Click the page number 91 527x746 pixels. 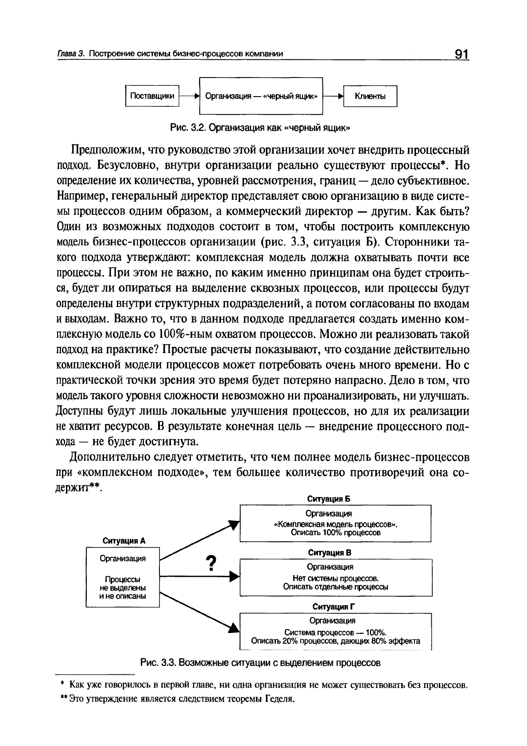click(x=461, y=54)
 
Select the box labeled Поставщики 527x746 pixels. click(x=152, y=96)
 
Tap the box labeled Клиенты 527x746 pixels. click(x=370, y=97)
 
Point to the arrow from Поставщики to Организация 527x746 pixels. click(x=189, y=96)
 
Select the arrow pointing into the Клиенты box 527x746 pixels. click(x=334, y=96)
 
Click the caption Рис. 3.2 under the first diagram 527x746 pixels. click(x=261, y=128)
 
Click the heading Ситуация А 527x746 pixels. click(x=124, y=540)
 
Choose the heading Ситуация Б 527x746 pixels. click(x=329, y=499)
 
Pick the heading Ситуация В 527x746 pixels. click(x=329, y=552)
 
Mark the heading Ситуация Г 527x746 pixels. click(x=334, y=606)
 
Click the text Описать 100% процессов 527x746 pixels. click(x=336, y=532)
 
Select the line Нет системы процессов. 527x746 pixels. click(x=336, y=578)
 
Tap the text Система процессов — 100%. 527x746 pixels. click(x=336, y=632)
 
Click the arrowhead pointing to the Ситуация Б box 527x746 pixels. click(x=234, y=525)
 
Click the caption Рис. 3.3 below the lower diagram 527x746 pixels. click(x=260, y=663)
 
